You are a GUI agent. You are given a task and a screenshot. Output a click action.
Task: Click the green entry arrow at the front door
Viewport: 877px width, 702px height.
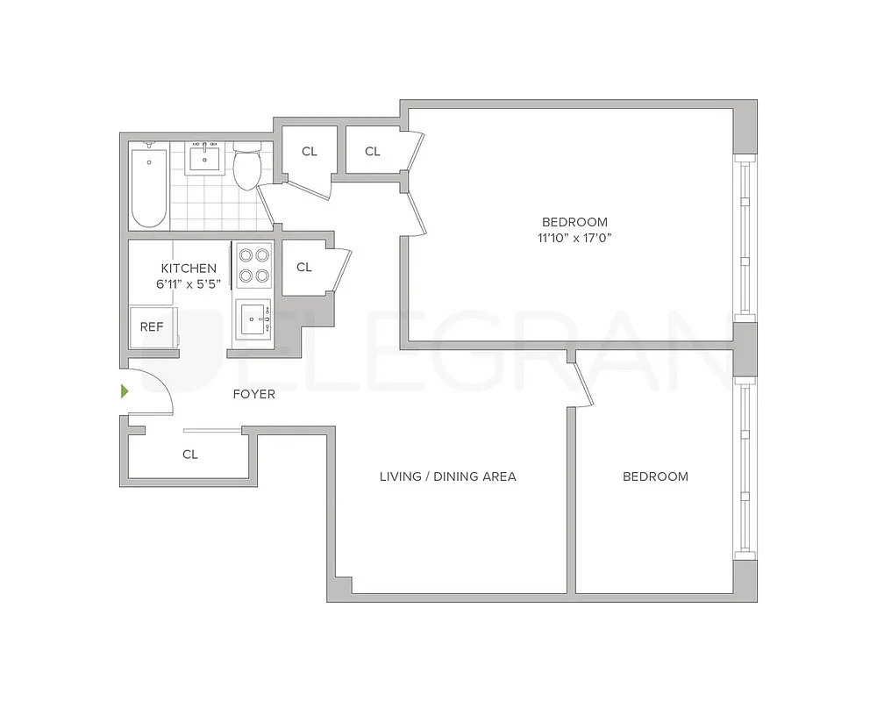point(125,391)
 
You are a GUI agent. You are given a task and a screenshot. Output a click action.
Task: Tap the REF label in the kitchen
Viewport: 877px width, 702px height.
point(152,326)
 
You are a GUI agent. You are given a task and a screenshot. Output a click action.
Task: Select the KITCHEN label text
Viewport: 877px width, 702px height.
point(189,268)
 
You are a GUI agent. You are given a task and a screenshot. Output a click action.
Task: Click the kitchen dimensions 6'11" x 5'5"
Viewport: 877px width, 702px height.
point(189,283)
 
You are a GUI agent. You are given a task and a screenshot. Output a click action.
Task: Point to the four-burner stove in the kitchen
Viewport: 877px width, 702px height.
point(253,265)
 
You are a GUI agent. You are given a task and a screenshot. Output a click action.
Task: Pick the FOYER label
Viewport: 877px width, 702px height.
point(253,394)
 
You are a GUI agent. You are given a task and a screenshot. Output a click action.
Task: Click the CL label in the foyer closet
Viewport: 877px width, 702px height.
point(190,455)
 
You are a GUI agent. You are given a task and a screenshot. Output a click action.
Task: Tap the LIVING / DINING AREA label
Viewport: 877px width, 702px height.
point(447,476)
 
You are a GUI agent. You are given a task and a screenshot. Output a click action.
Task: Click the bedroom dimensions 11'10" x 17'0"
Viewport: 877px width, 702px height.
point(574,238)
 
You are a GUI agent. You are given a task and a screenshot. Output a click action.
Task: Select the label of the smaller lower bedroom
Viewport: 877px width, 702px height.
point(655,476)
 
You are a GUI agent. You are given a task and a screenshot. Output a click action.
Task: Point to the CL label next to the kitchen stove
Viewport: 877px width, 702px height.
point(304,267)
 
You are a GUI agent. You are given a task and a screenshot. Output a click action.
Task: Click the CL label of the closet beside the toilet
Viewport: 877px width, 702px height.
point(310,151)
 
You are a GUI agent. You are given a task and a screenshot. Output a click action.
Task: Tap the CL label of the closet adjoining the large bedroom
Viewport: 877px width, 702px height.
point(373,151)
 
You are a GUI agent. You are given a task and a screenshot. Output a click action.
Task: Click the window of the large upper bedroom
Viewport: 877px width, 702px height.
point(744,237)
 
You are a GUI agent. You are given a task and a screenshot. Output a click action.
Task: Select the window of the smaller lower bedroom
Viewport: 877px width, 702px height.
point(744,469)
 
